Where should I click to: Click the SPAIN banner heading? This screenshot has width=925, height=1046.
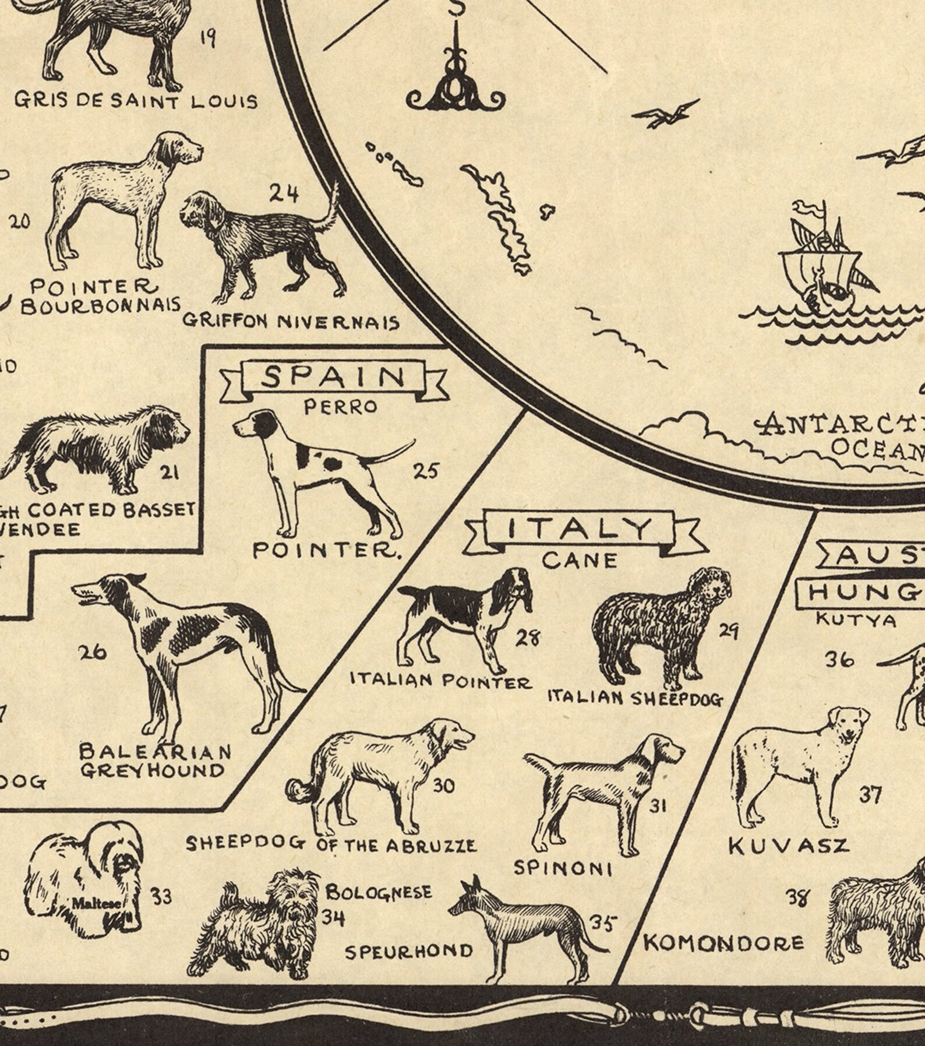(333, 378)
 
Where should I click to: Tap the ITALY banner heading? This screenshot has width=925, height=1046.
(578, 529)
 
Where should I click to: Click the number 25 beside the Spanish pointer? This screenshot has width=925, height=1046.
(425, 471)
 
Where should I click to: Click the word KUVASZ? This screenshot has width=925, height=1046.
(789, 846)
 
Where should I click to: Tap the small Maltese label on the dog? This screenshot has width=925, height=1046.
(97, 904)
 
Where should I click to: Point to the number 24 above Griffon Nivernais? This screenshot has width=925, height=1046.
(284, 193)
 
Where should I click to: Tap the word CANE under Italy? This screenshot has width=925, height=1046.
(580, 561)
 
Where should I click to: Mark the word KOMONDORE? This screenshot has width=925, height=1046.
(723, 943)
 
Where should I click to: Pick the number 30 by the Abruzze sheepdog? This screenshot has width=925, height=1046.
(443, 786)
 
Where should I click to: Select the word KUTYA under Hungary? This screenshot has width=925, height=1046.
(856, 619)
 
